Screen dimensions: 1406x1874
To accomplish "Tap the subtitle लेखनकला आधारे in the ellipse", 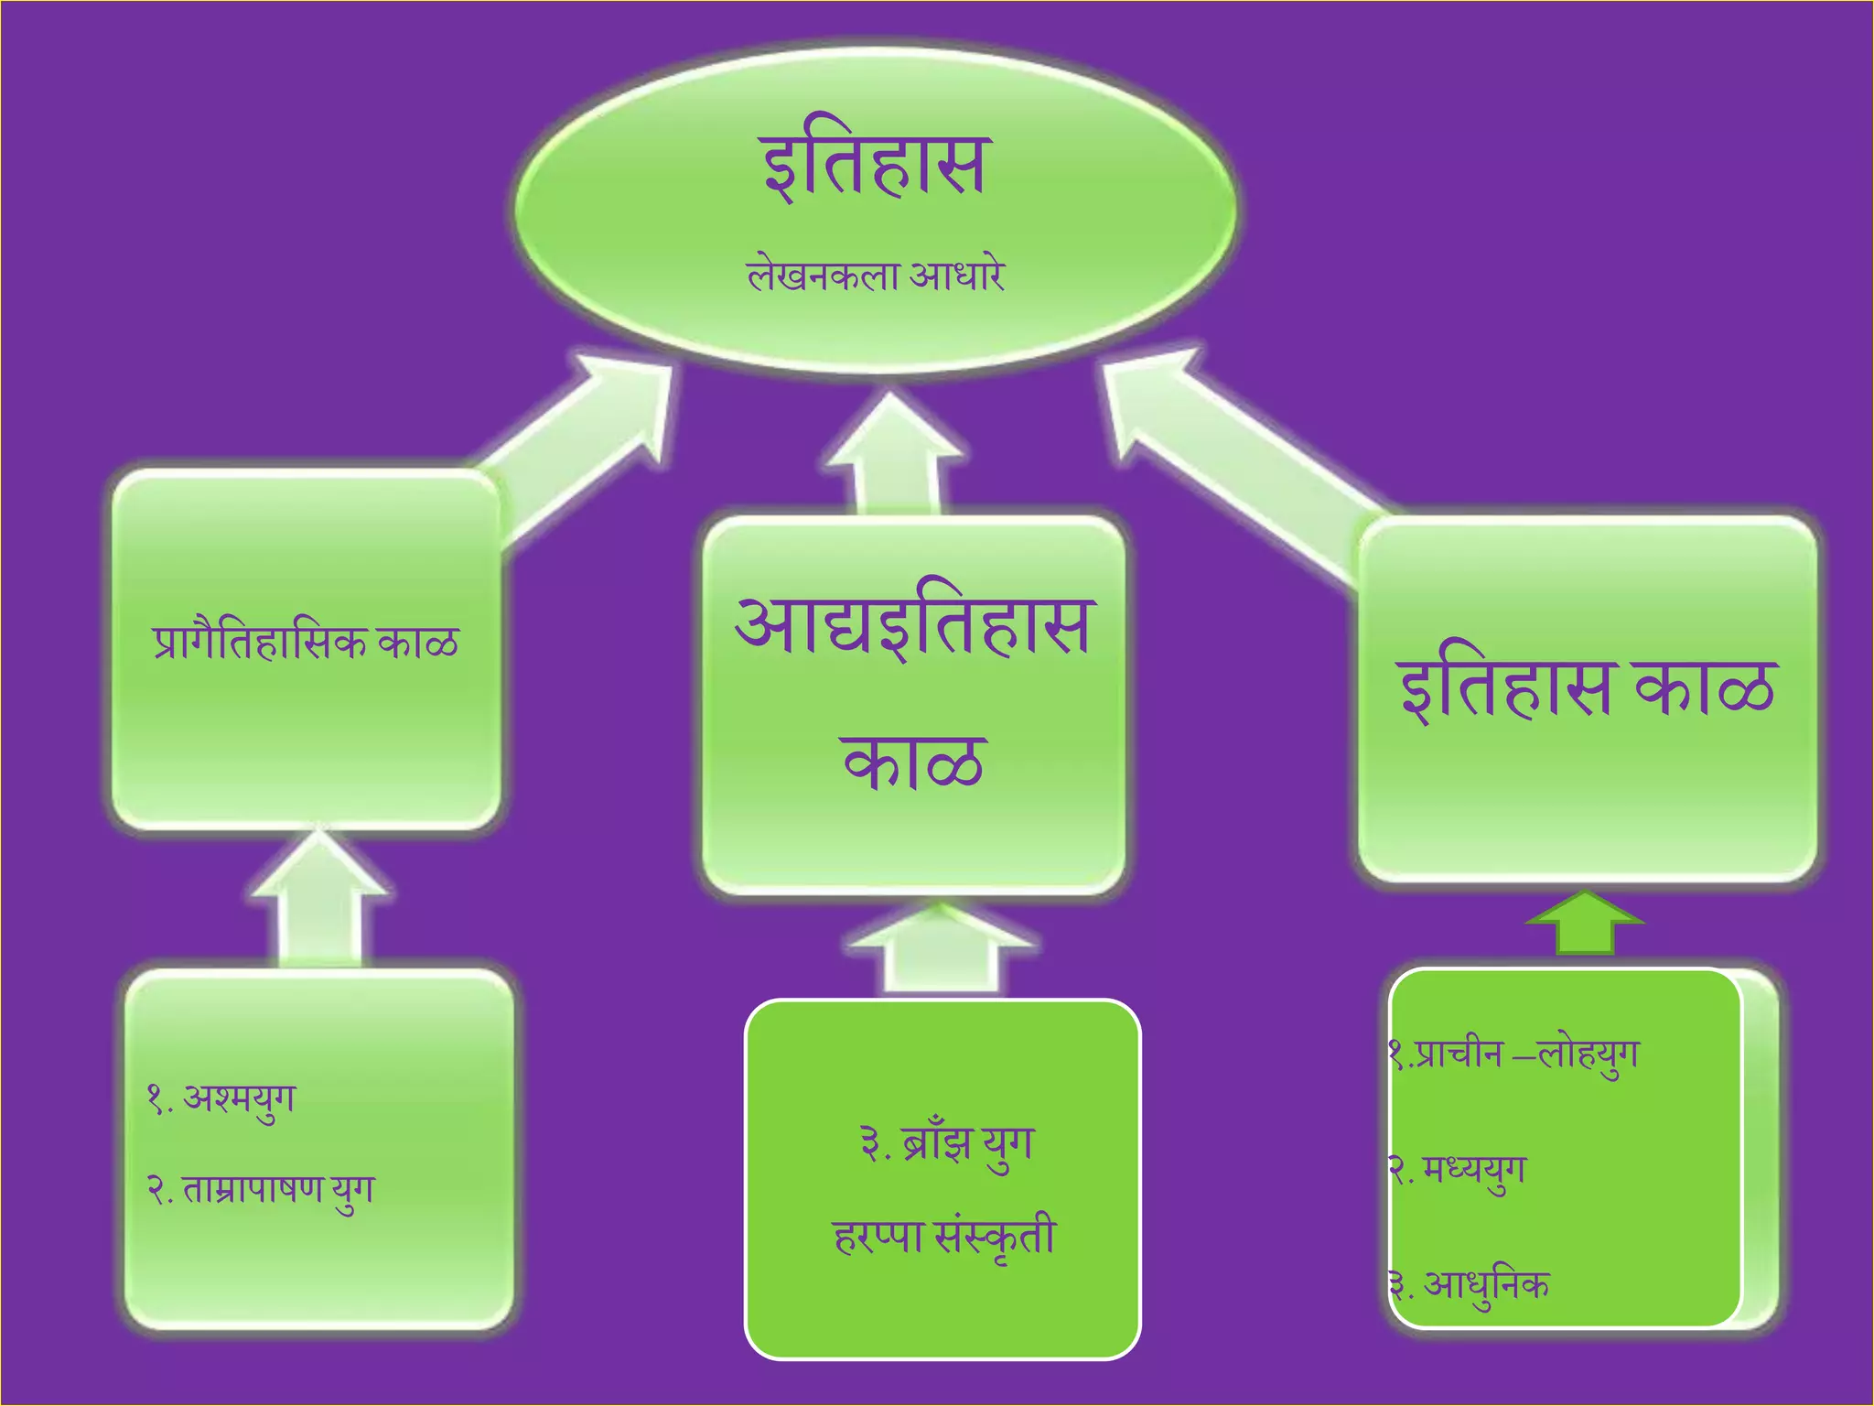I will pos(876,276).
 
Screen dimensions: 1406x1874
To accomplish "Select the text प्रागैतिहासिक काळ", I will pos(306,643).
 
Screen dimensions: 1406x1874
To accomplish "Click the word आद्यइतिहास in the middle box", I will pos(913,626).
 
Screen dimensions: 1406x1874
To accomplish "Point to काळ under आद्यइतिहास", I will pos(913,762).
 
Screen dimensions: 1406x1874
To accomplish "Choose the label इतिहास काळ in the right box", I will pos(1587,688).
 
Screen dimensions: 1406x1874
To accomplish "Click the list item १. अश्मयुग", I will pos(221,1098).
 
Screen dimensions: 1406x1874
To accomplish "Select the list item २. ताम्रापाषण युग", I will pos(261,1191).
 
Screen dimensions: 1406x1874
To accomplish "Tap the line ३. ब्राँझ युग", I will pos(946,1144).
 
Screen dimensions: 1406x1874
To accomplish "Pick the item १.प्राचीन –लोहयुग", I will pos(1514,1055).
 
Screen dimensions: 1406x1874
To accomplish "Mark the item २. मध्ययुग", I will pos(1458,1171).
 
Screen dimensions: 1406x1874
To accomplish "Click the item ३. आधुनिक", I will pos(1470,1285).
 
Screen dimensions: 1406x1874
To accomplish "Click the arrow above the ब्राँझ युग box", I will pos(940,952).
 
